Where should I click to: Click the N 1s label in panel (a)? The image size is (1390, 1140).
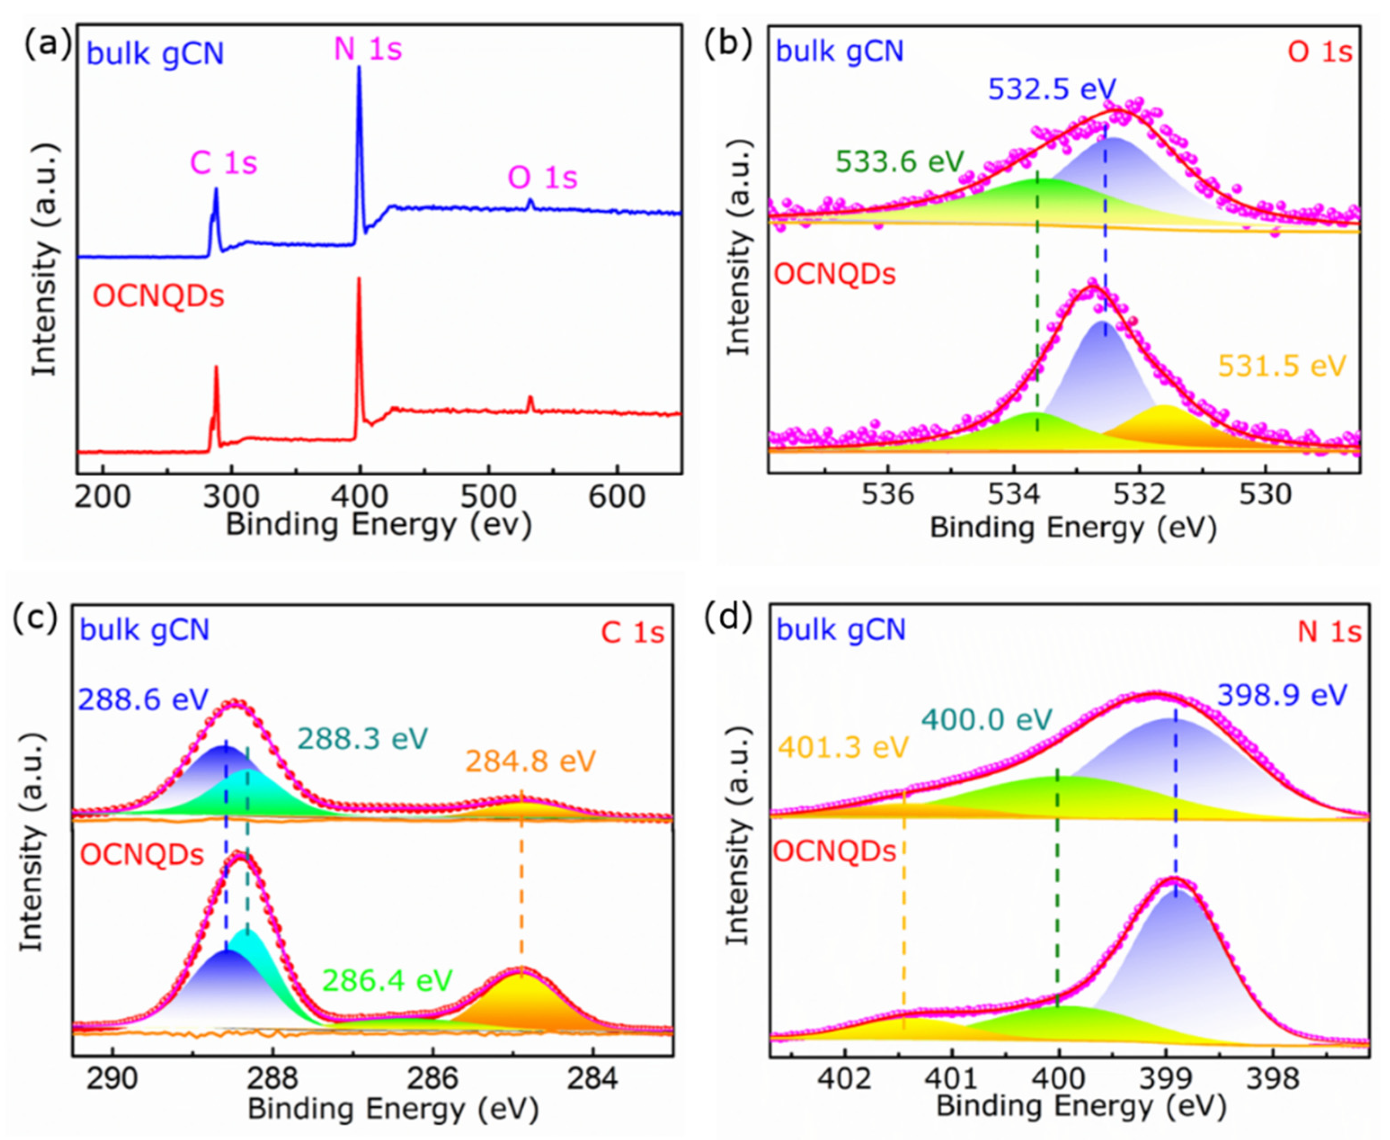click(367, 49)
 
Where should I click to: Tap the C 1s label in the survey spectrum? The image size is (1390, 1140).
click(223, 162)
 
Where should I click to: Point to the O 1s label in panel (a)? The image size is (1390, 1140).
click(542, 177)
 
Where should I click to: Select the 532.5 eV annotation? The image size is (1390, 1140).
click(1052, 89)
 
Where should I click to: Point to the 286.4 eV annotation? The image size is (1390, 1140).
click(387, 981)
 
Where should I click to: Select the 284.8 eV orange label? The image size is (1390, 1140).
click(531, 761)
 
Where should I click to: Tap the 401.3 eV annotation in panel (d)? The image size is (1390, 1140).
click(843, 747)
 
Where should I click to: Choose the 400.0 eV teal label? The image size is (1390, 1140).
click(987, 720)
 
